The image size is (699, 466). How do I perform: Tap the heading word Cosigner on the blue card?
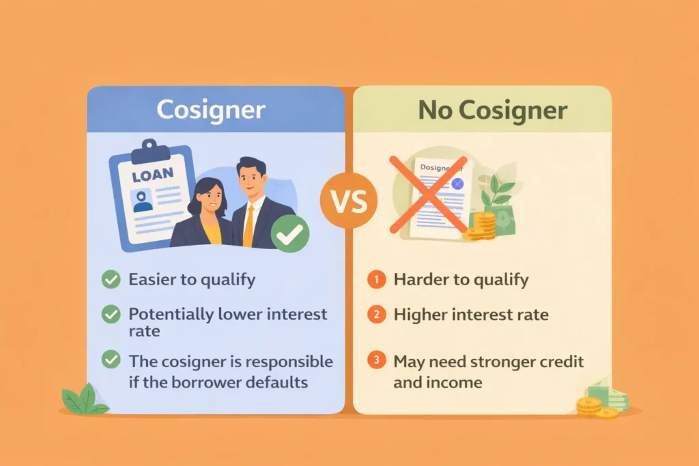(x=210, y=110)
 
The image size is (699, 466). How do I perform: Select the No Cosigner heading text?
(x=492, y=110)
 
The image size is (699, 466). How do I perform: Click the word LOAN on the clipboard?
(x=153, y=176)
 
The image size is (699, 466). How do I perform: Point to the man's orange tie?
(x=248, y=225)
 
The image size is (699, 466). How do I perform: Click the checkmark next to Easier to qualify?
(x=110, y=279)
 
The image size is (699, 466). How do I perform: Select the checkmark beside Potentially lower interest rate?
(x=110, y=315)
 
